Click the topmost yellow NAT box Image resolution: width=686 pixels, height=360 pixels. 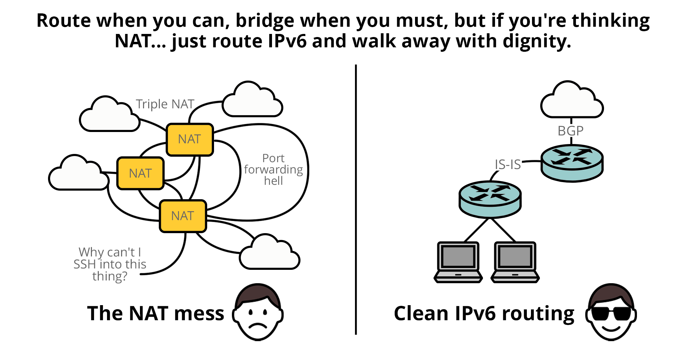point(190,140)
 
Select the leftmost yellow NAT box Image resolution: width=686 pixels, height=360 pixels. point(140,173)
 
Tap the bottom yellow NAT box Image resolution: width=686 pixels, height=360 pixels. point(183,216)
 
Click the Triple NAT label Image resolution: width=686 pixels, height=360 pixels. point(165,104)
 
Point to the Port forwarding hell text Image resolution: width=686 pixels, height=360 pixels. point(273,169)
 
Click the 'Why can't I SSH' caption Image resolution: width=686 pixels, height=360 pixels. point(110,264)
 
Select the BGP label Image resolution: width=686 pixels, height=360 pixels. point(570,131)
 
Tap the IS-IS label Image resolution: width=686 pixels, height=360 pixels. point(508,165)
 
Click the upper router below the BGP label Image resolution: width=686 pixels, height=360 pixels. point(572,163)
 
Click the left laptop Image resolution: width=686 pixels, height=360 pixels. point(458,262)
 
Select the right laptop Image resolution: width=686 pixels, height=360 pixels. point(515,262)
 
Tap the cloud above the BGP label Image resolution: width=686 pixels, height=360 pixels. point(572,100)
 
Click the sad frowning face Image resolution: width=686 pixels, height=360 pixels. point(258,312)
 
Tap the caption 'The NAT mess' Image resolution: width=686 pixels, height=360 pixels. point(156,313)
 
